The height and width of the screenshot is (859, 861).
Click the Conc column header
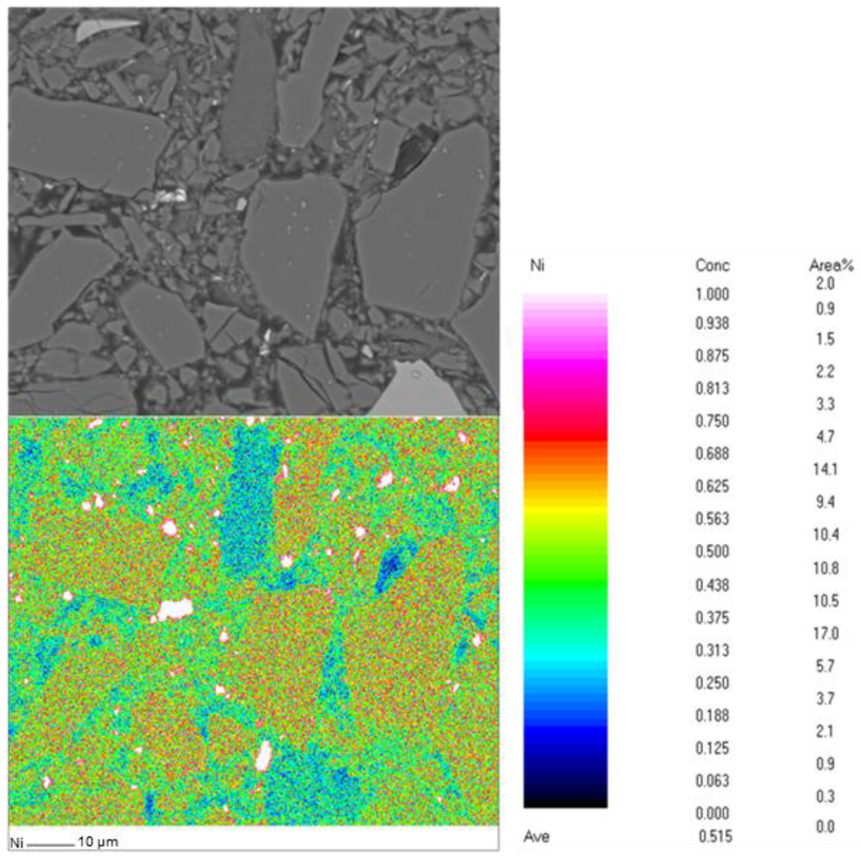(x=712, y=266)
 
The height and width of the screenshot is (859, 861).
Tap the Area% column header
(x=831, y=266)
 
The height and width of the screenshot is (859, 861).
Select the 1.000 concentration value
(x=712, y=294)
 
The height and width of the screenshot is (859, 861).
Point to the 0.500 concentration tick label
(x=712, y=551)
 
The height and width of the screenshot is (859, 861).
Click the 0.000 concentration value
(x=712, y=813)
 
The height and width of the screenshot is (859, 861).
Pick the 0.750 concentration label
(x=712, y=421)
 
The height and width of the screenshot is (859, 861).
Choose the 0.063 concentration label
(x=712, y=781)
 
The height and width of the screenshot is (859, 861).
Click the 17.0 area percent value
(x=825, y=633)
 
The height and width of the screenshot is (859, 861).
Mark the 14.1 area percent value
(x=825, y=469)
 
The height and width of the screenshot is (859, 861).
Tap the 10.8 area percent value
(x=825, y=568)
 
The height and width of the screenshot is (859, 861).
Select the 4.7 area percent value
(x=825, y=436)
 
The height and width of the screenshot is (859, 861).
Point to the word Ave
(x=536, y=836)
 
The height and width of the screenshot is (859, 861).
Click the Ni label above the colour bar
(x=536, y=266)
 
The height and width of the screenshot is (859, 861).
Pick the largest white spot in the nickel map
(x=175, y=609)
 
